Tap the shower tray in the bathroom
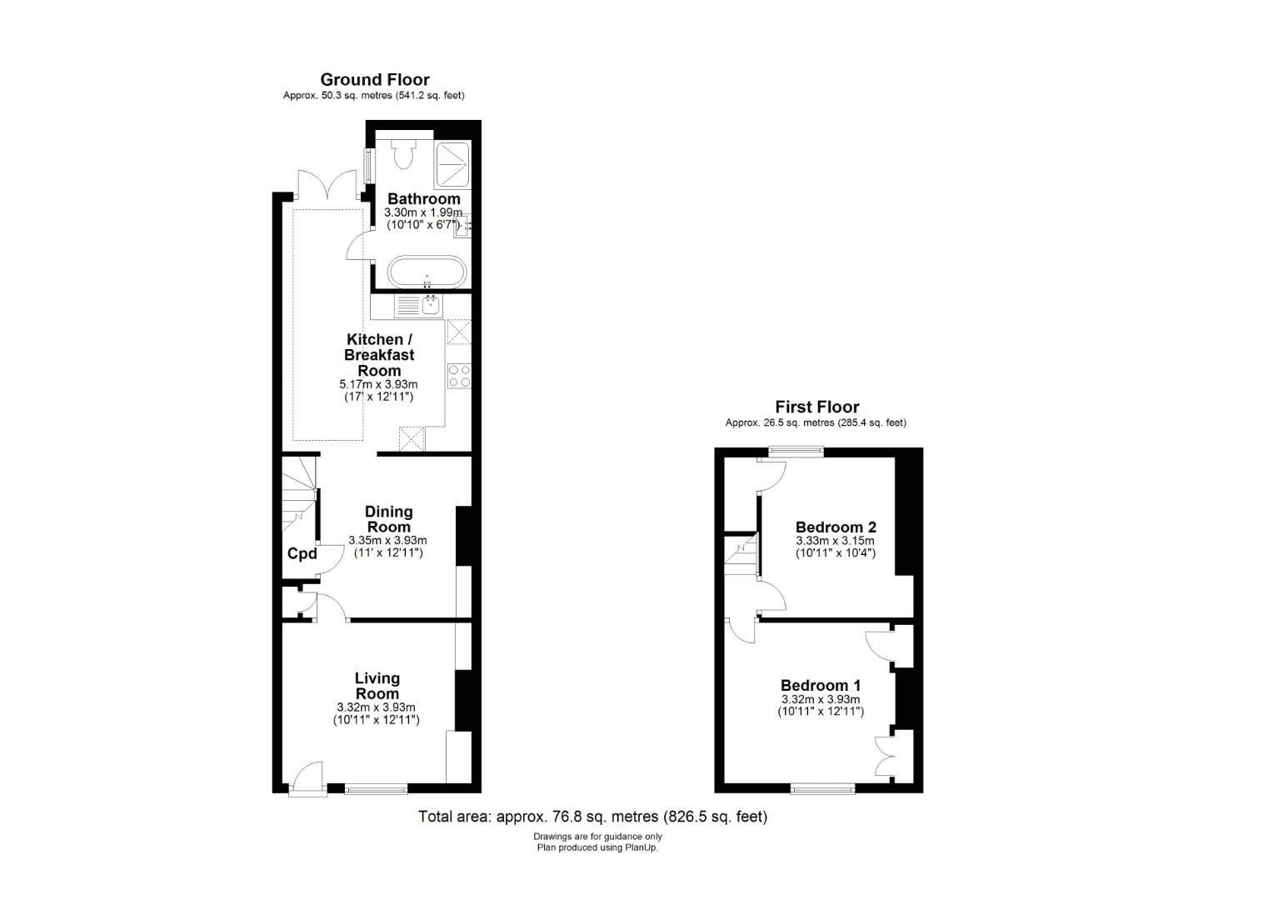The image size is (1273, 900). (452, 166)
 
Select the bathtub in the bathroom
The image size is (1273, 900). (427, 272)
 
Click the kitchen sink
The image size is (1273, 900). (432, 305)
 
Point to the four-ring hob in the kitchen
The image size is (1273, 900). (459, 376)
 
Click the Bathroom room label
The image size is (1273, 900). (424, 199)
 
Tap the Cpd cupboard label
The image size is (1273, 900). (302, 553)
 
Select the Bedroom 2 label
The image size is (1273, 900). (836, 527)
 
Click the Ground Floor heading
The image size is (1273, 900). (375, 80)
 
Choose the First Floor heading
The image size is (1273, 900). (817, 407)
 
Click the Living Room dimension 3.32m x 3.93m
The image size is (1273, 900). (377, 707)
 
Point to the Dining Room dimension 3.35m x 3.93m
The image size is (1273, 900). (387, 540)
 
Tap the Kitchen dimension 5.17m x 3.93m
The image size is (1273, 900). (378, 384)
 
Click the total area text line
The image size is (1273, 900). (592, 817)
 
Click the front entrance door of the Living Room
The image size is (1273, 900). (308, 778)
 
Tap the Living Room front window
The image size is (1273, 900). (377, 788)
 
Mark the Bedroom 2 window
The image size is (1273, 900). (796, 452)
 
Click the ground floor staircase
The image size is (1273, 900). (299, 494)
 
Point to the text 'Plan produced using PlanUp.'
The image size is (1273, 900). (598, 847)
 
